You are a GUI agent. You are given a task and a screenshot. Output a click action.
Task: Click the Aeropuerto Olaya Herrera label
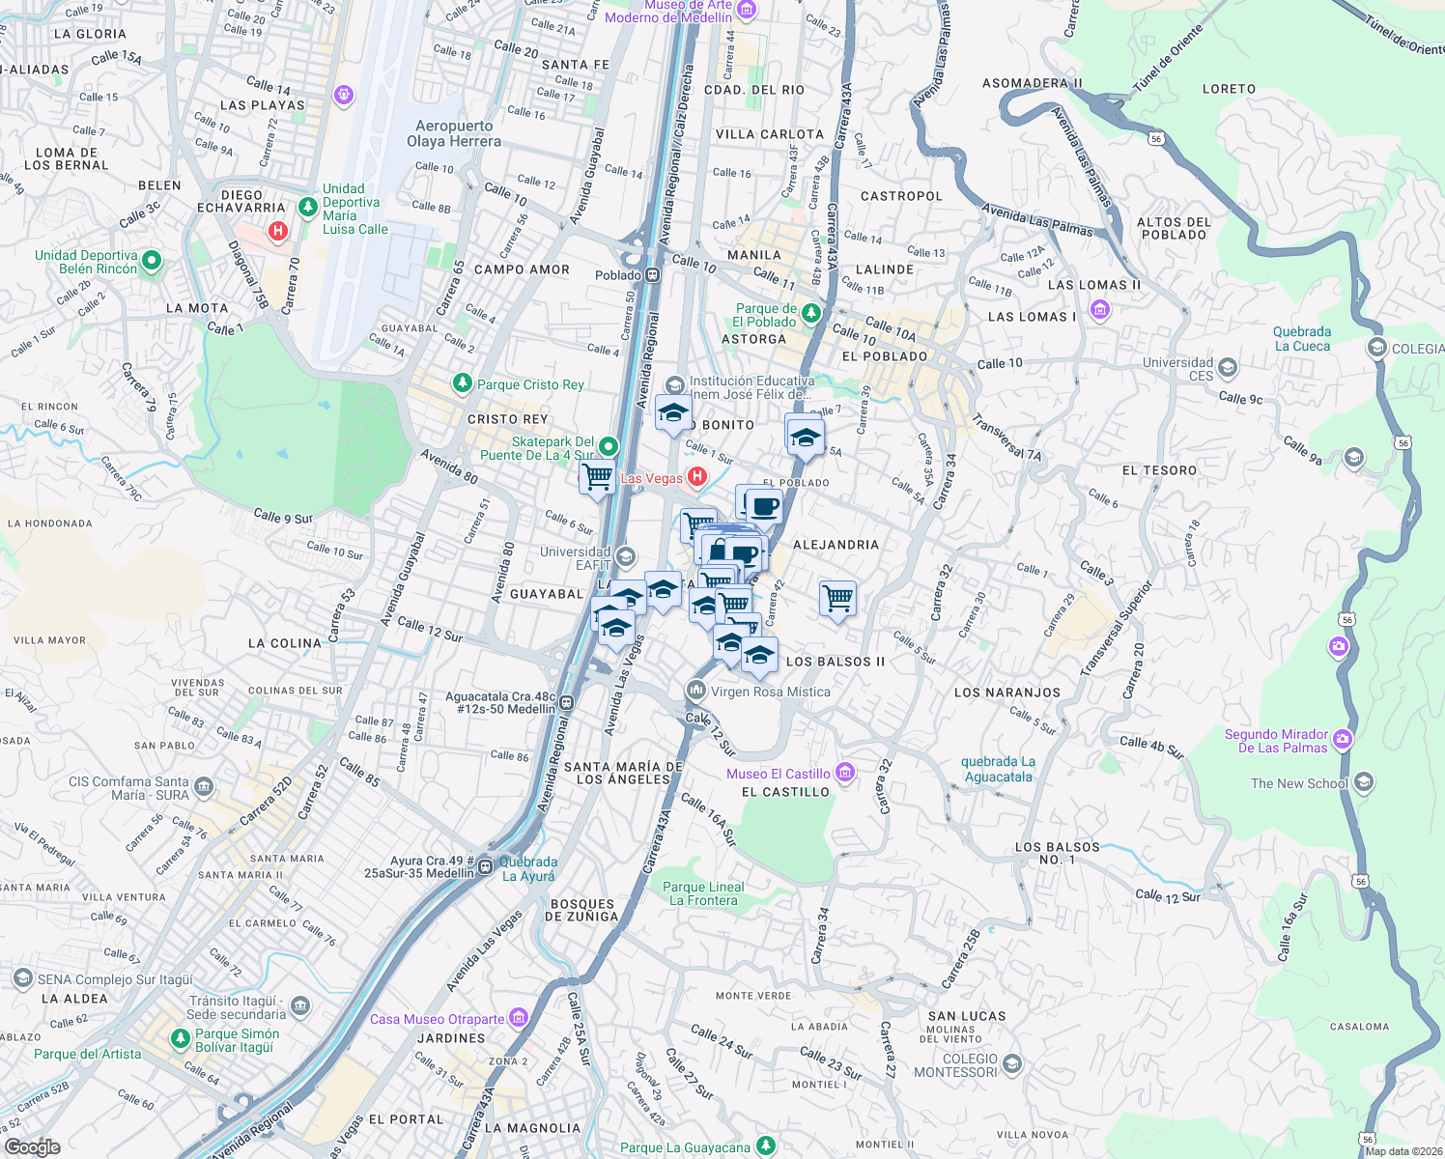[454, 133]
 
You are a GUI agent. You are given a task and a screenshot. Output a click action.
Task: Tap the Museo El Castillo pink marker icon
[845, 772]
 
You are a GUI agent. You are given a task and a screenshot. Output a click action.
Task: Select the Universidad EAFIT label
[576, 558]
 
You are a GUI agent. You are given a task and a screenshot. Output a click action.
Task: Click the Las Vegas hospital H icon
[696, 476]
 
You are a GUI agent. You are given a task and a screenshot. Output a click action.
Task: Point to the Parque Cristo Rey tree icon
[463, 383]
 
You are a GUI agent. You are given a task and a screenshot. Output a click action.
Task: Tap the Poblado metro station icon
[653, 274]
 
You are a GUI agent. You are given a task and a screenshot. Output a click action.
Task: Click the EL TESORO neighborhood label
[1159, 470]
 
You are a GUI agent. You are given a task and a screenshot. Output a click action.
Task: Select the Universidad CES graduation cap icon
[1228, 367]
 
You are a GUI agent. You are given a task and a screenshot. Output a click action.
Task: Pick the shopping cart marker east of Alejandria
[837, 598]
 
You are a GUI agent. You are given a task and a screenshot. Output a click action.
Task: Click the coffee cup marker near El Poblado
[764, 505]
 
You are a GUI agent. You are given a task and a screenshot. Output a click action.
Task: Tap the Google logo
[32, 1146]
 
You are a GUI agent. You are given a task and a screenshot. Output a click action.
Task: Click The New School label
[1298, 783]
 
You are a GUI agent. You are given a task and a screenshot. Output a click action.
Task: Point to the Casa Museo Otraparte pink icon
[519, 1018]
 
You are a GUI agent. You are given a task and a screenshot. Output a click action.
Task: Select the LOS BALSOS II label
[835, 662]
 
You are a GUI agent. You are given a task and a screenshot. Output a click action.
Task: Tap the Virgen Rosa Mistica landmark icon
[695, 691]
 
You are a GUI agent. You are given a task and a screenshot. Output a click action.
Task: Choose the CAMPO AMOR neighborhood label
[522, 269]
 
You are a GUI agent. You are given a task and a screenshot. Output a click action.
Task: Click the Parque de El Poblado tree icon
[811, 313]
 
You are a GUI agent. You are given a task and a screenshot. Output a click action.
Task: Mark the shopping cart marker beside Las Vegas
[598, 476]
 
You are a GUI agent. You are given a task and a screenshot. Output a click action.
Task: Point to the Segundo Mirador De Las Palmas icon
[1343, 740]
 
